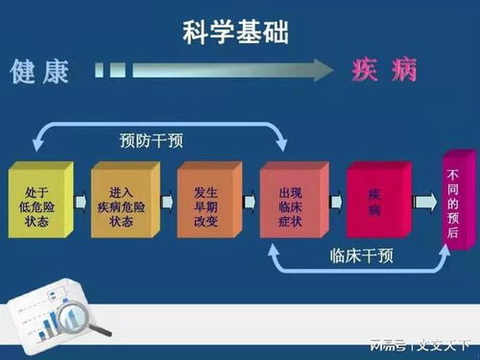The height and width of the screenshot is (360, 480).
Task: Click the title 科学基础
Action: (236, 35)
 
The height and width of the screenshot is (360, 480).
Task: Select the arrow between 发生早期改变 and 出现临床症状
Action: (249, 203)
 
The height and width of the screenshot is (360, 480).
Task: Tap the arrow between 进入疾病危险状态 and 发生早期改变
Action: (166, 203)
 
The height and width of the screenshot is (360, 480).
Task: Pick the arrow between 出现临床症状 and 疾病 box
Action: (336, 203)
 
